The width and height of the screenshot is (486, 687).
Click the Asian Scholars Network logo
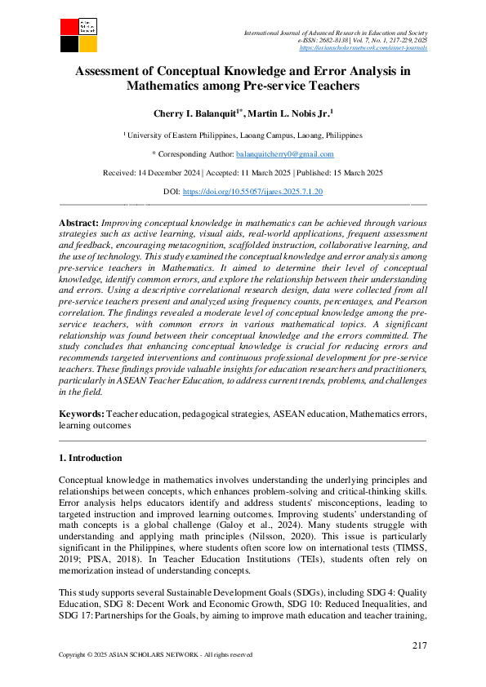[x=78, y=33]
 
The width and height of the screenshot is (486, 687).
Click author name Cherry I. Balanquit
[x=192, y=114]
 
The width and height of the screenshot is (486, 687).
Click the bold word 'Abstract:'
[x=78, y=223]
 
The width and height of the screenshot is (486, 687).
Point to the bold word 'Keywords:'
[x=82, y=415]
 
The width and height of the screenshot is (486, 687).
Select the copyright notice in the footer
[x=155, y=655]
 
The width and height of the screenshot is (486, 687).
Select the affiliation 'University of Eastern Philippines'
[x=181, y=135]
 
